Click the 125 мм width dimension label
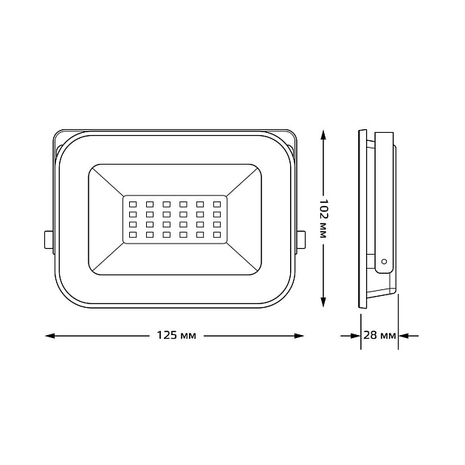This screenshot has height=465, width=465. coord(175,336)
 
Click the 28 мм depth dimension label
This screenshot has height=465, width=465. coord(379,336)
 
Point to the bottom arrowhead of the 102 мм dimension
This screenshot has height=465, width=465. coord(323,304)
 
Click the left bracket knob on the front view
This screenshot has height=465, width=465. coord(48,239)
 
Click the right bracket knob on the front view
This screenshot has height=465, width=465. coord(300,239)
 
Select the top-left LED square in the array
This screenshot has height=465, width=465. coord(133,203)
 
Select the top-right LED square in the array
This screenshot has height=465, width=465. coord(217,203)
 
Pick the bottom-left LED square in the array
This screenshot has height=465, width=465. coord(133,234)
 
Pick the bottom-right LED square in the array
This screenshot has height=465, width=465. coord(217,234)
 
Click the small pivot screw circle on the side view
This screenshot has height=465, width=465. coord(383,261)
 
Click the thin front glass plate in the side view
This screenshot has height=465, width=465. coord(361,221)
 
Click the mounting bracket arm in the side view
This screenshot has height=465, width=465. coord(385,199)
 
